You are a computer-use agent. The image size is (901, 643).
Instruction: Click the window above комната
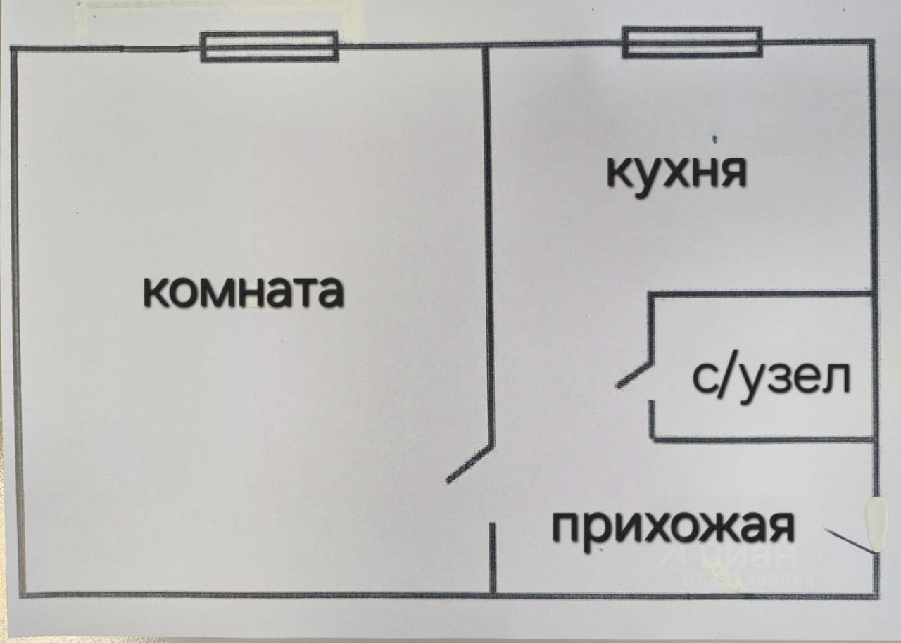pyautogui.click(x=269, y=47)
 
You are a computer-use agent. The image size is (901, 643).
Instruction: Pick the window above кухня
pyautogui.click(x=692, y=42)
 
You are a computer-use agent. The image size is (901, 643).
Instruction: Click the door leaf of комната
pyautogui.click(x=470, y=464)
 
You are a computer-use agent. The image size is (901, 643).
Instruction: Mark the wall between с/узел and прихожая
pyautogui.click(x=764, y=440)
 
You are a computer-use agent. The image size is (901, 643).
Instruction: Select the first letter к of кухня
pyautogui.click(x=619, y=172)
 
